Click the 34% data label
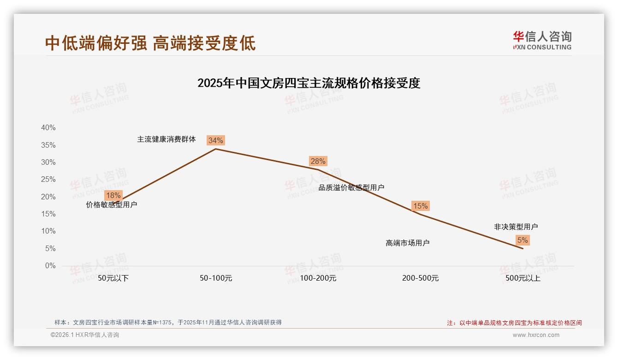click(215, 140)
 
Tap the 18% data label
click(113, 195)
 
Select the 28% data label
click(318, 161)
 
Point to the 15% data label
click(420, 206)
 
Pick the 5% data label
click(523, 240)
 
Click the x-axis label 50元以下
click(113, 278)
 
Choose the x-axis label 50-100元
click(216, 278)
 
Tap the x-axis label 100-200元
click(318, 278)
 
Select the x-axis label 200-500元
click(421, 278)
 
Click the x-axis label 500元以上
click(523, 278)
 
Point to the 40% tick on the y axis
click(48, 128)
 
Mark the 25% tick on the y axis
click(48, 180)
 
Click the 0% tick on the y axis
click(50, 266)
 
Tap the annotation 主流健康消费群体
click(166, 139)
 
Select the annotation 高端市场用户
click(408, 243)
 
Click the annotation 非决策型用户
click(516, 227)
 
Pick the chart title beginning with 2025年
click(309, 83)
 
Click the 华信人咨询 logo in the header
click(542, 40)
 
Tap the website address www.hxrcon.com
click(536, 335)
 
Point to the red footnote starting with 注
click(514, 323)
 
